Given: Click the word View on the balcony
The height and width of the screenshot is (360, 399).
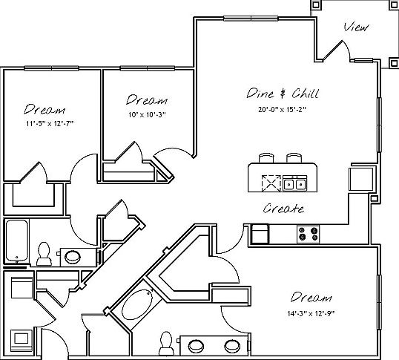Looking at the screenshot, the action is point(356,27).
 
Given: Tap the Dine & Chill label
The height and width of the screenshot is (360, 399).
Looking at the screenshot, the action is point(283,94).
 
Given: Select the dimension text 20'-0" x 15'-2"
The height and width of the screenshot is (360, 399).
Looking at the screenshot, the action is point(282,109).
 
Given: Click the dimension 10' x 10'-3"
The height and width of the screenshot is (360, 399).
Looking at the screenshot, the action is point(147,115).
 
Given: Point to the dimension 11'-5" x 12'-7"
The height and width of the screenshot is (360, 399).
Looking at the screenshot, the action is point(50,124).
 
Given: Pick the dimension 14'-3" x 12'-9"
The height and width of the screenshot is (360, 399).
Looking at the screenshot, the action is point(311,313).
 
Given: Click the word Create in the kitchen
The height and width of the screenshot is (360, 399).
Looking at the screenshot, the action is point(283,209).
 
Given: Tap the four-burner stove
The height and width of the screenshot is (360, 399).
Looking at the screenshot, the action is point(309,234).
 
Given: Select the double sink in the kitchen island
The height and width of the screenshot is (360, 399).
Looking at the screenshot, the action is point(294,183).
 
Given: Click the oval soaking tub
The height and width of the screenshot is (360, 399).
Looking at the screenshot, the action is point(136,305).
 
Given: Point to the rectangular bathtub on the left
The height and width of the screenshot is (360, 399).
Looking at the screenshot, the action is point(17,240).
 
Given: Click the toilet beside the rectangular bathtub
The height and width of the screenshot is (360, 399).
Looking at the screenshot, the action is point(44,254).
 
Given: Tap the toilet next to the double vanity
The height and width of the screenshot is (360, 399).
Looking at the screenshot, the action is point(166,343).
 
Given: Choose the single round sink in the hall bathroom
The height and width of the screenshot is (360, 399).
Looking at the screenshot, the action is point(73,257).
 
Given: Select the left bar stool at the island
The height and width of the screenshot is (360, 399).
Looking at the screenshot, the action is point(266,158).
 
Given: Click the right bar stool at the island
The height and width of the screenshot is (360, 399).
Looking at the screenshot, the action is point(294,158).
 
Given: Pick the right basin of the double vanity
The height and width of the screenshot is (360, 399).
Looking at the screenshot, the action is point(232,346).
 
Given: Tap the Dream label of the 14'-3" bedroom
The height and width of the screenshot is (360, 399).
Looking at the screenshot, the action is point(311,297).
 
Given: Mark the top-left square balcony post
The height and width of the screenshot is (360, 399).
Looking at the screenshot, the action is point(316,4).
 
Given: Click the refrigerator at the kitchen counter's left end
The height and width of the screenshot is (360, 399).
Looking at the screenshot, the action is point(260,234).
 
